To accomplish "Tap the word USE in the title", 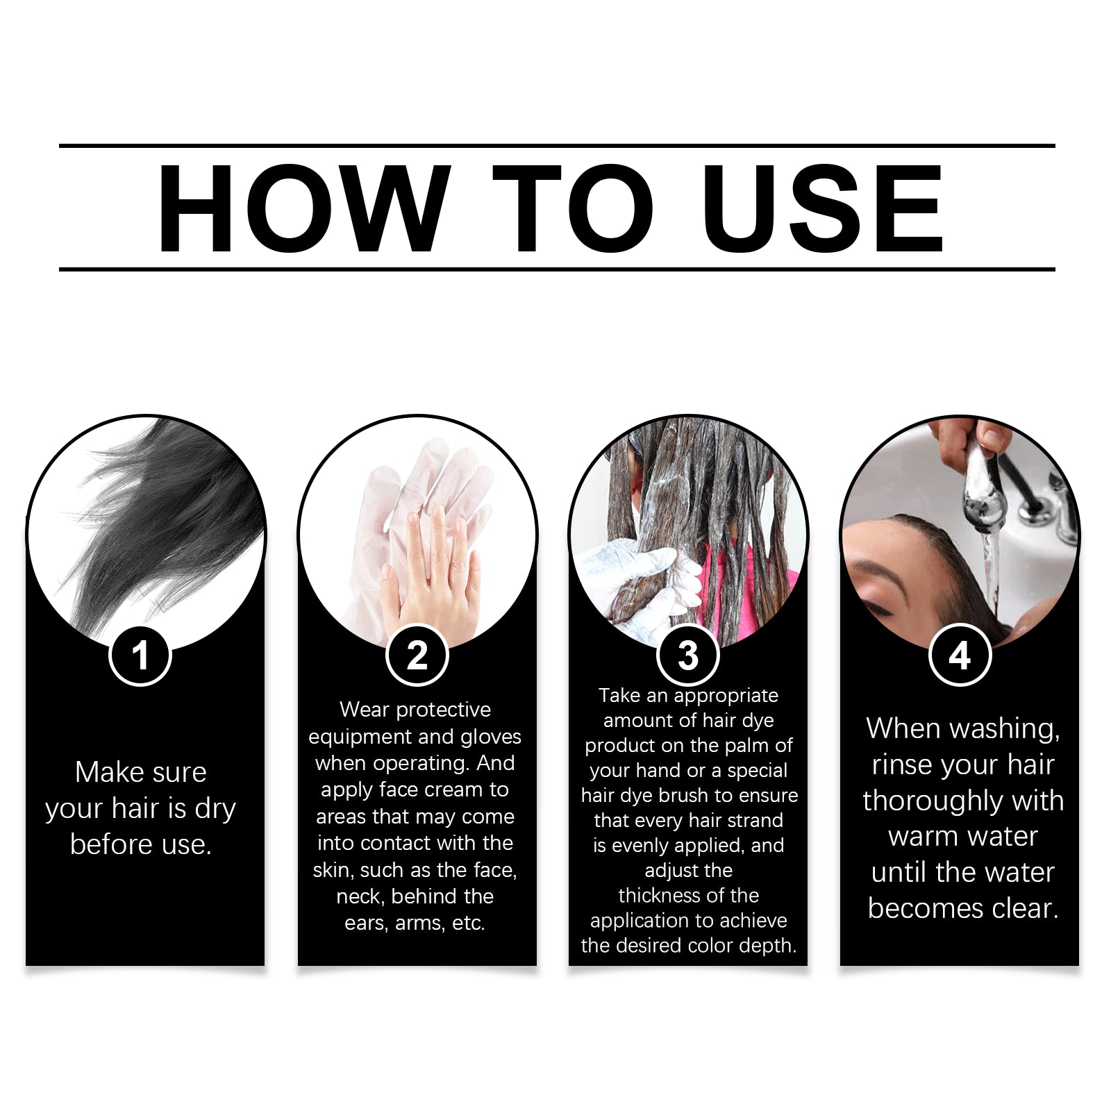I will click(x=822, y=208).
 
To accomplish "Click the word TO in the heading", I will click(x=572, y=208).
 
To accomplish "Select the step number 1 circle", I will click(x=140, y=655).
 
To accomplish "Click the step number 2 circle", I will click(x=417, y=655).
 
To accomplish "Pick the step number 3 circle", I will click(x=688, y=655).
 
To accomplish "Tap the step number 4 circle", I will click(x=960, y=655).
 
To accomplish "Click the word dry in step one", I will click(x=215, y=809).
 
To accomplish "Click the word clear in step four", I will click(x=1025, y=908).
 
